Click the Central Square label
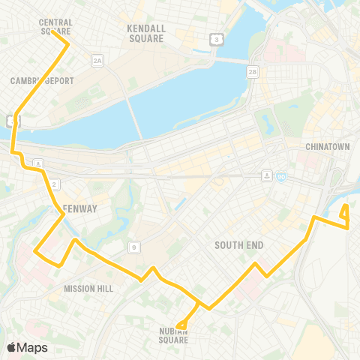pyautogui.click(x=55, y=27)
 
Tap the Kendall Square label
pyautogui.click(x=145, y=33)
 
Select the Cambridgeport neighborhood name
pyautogui.click(x=34, y=80)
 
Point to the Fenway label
pyautogui.click(x=77, y=208)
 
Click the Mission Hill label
pyautogui.click(x=88, y=288)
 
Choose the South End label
pyautogui.click(x=238, y=245)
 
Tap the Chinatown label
pyautogui.click(x=328, y=147)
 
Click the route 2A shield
pyautogui.click(x=96, y=59)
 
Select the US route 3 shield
pyautogui.click(x=216, y=38)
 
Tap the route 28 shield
pyautogui.click(x=253, y=73)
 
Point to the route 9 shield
pyautogui.click(x=133, y=245)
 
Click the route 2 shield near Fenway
pyautogui.click(x=54, y=184)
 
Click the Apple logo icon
pyautogui.click(x=11, y=347)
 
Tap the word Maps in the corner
pyautogui.click(x=32, y=347)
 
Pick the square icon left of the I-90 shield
pyautogui.click(x=267, y=175)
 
